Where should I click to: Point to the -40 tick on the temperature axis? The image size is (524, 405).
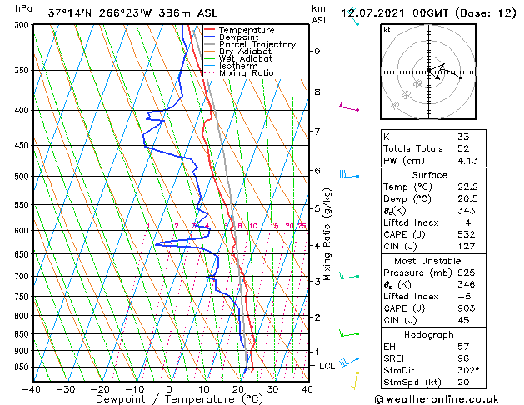click(x=32, y=388)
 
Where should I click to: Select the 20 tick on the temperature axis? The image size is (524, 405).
click(x=238, y=388)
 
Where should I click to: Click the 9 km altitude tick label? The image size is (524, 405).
click(x=317, y=51)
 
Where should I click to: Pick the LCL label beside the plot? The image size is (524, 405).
click(x=328, y=366)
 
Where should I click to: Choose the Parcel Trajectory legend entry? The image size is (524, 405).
click(x=257, y=44)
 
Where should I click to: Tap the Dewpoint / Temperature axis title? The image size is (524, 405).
click(x=168, y=399)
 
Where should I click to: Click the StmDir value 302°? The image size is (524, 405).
click(x=468, y=370)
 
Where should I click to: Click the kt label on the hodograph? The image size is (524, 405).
click(x=387, y=30)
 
